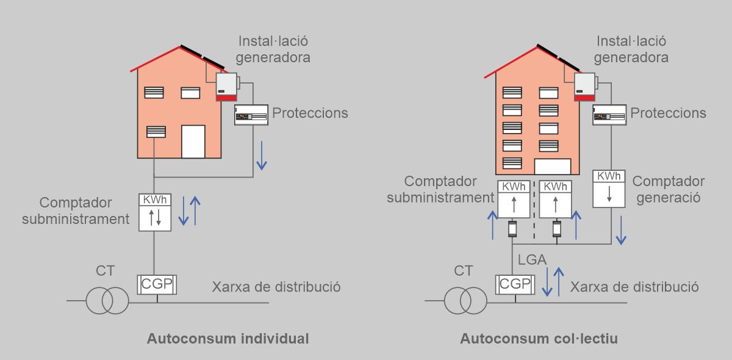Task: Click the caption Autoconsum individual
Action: point(228,339)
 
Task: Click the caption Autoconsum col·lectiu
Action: point(539,339)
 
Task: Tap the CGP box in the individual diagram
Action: point(157,284)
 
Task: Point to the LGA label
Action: point(532,260)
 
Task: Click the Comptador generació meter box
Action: point(609,189)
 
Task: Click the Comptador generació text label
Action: point(669,189)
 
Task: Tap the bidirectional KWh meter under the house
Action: point(155,212)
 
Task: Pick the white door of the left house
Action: point(193,141)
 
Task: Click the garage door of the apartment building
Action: point(552,167)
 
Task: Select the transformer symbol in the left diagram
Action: point(107,300)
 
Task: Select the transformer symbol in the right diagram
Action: point(465,300)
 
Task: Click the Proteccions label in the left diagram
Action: point(310,113)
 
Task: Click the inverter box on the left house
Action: point(226,87)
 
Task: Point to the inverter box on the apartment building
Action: point(584,87)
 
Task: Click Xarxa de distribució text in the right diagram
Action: point(634,287)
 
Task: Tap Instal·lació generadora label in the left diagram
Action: point(274,49)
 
